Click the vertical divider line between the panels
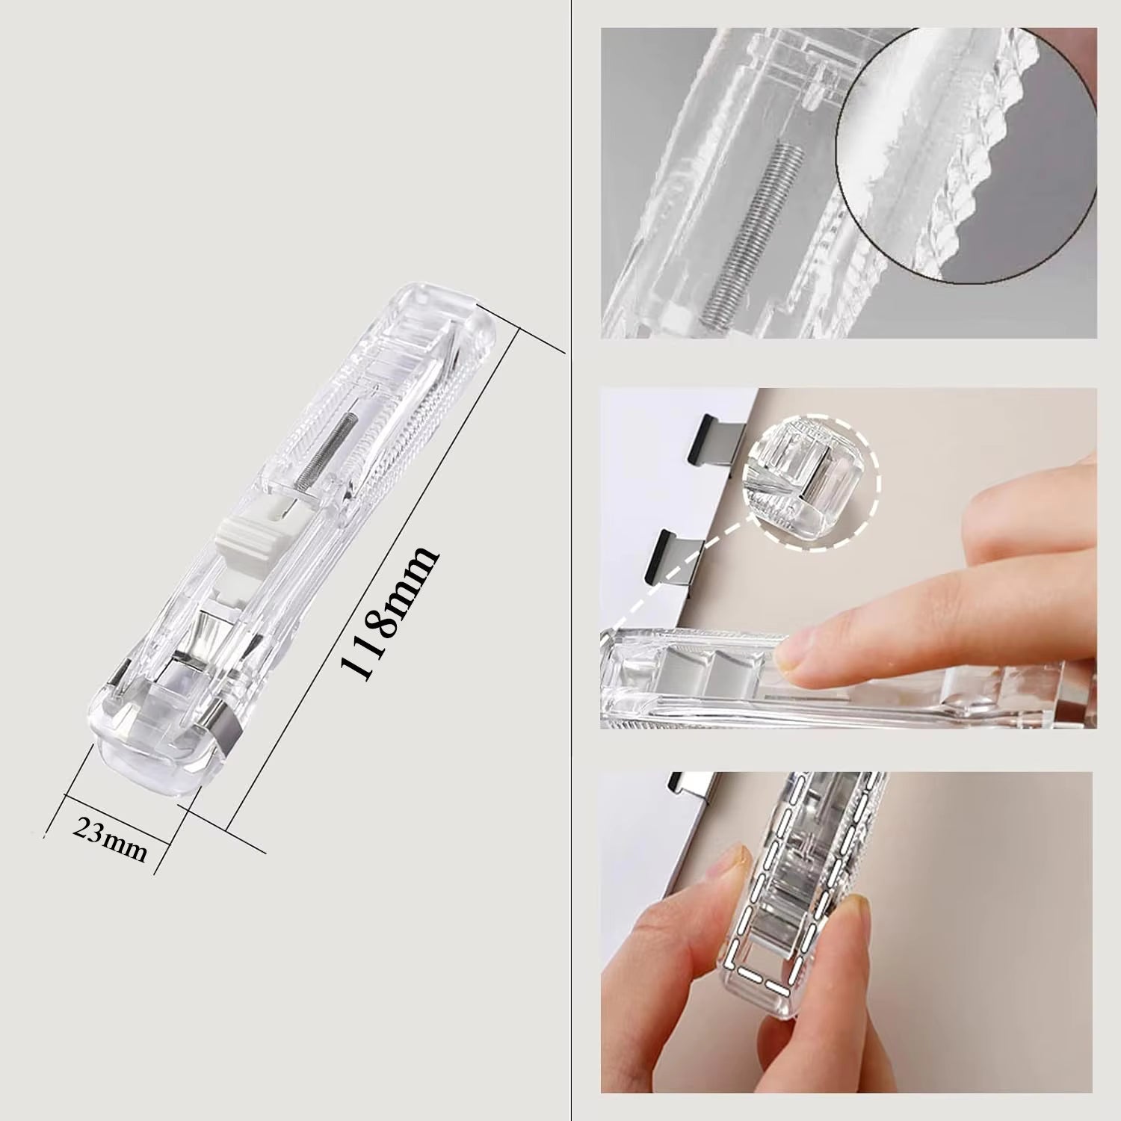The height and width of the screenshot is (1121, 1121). (x=570, y=560)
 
